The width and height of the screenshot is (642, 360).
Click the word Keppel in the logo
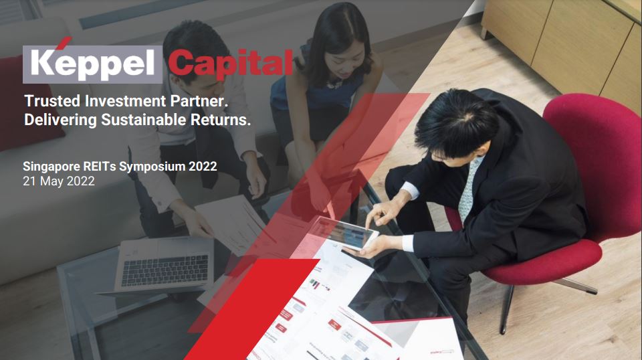point(92,63)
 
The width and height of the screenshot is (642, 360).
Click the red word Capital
point(231,64)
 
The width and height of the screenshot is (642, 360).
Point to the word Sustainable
point(144,120)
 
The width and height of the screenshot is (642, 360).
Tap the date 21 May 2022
point(59,181)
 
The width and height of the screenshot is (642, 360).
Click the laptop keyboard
point(165,270)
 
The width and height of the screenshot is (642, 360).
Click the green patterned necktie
point(467,189)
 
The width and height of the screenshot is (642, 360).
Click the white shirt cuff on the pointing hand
point(410,191)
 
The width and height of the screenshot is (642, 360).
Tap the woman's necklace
point(334,84)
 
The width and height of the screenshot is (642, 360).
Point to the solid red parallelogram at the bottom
point(251,309)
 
